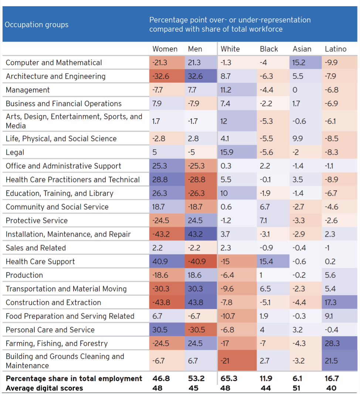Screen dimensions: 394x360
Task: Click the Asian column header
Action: tap(302, 49)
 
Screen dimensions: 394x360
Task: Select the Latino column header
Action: tap(336, 49)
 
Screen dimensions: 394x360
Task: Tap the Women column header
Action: tap(165, 49)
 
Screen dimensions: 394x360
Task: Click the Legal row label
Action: tap(15, 152)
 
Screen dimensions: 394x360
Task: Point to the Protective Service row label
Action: tap(37, 221)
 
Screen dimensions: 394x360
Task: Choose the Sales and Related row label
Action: tap(35, 248)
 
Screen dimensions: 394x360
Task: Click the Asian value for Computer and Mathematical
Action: tap(299, 62)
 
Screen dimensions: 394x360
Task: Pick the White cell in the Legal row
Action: tap(226, 152)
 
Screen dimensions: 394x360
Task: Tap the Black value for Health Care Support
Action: tap(266, 262)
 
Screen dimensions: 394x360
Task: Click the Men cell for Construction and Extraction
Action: tap(195, 302)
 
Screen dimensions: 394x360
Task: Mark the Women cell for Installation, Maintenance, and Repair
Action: tap(161, 234)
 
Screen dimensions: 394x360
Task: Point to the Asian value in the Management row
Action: tap(295, 90)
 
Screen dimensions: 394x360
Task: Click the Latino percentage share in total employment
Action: tap(331, 378)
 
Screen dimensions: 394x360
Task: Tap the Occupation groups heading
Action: tap(37, 25)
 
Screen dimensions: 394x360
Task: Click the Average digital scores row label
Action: tap(44, 388)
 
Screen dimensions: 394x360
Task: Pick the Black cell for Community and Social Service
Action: tap(265, 207)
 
